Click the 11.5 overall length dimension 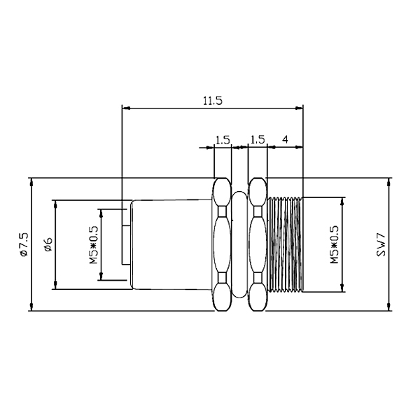[213, 101]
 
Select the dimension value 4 [286, 139]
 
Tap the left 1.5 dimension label [223, 139]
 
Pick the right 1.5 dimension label [258, 139]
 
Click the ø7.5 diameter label [24, 244]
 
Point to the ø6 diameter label [48, 244]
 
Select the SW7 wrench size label [381, 245]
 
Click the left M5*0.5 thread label [94, 245]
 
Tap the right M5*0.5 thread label [335, 244]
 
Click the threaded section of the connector [285, 244]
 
